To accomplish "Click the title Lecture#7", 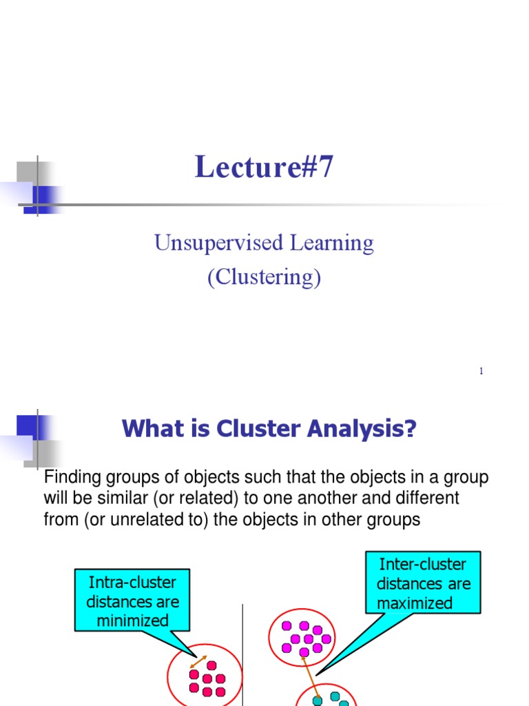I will click(x=264, y=168).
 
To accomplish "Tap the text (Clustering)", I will click(x=264, y=277).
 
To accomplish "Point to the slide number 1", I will click(x=481, y=372).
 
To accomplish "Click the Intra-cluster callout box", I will click(x=132, y=601).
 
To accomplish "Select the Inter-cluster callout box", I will click(x=424, y=583).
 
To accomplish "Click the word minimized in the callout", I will click(x=132, y=621).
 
